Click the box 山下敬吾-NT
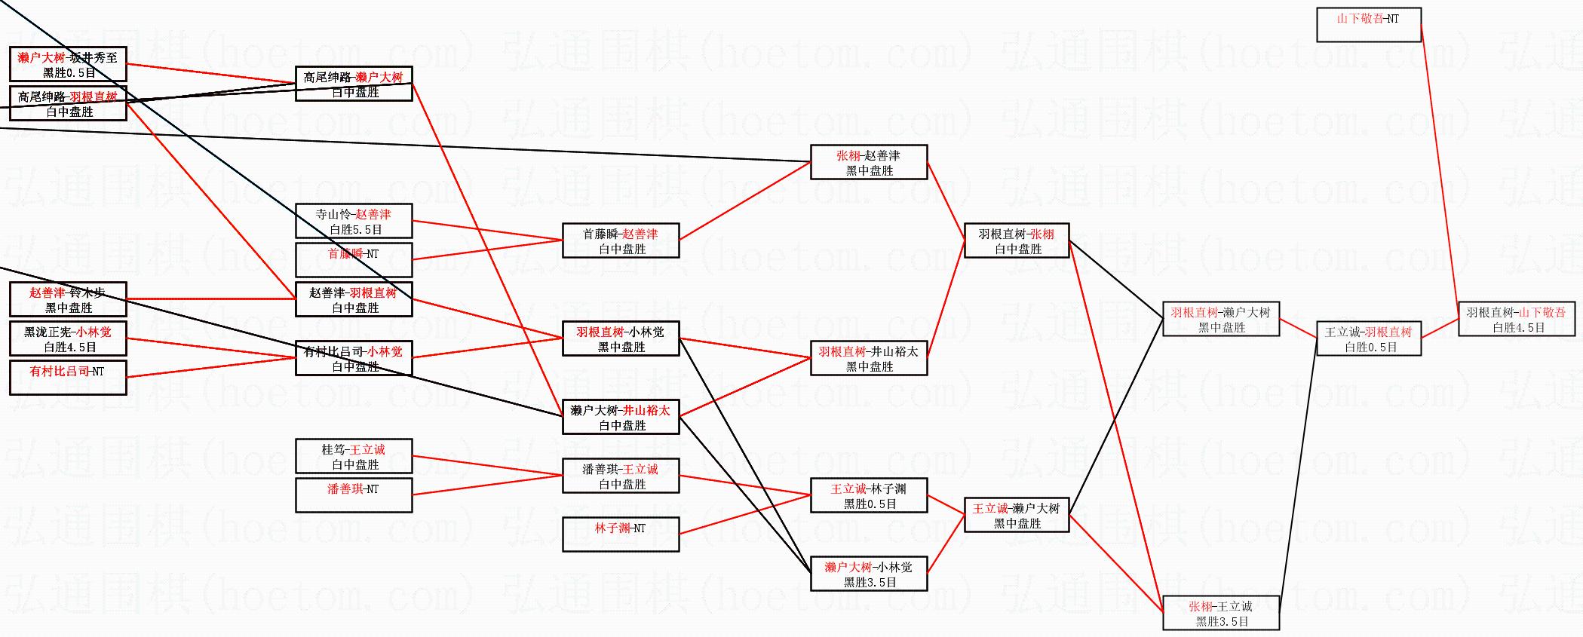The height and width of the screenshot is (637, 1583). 1368,25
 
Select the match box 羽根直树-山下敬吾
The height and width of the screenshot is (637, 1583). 1516,320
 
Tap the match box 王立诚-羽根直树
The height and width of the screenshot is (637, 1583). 1368,339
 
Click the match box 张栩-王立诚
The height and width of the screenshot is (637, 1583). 1221,613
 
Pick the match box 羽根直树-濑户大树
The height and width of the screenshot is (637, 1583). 1221,319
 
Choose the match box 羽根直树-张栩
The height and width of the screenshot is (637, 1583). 1017,241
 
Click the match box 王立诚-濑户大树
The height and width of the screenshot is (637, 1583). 1017,516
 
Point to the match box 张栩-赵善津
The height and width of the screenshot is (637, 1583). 869,163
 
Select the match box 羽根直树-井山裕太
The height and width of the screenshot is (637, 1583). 869,359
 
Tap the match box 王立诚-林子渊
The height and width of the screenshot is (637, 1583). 869,496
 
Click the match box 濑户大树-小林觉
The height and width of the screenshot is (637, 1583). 869,574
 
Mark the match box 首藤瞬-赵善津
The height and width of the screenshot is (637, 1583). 621,241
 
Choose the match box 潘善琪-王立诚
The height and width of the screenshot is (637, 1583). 621,476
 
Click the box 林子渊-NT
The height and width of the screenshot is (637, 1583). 621,534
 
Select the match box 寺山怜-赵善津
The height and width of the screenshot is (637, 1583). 354,222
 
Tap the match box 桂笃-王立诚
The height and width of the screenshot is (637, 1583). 354,457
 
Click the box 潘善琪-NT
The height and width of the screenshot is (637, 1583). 354,495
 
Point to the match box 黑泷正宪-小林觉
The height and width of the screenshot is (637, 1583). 68,339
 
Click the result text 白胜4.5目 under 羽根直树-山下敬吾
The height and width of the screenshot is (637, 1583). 1519,328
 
